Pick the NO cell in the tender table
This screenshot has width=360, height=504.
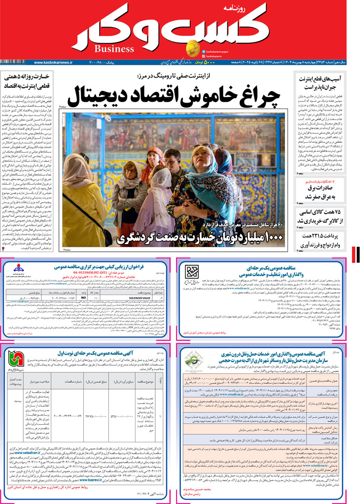click(83, 298)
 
